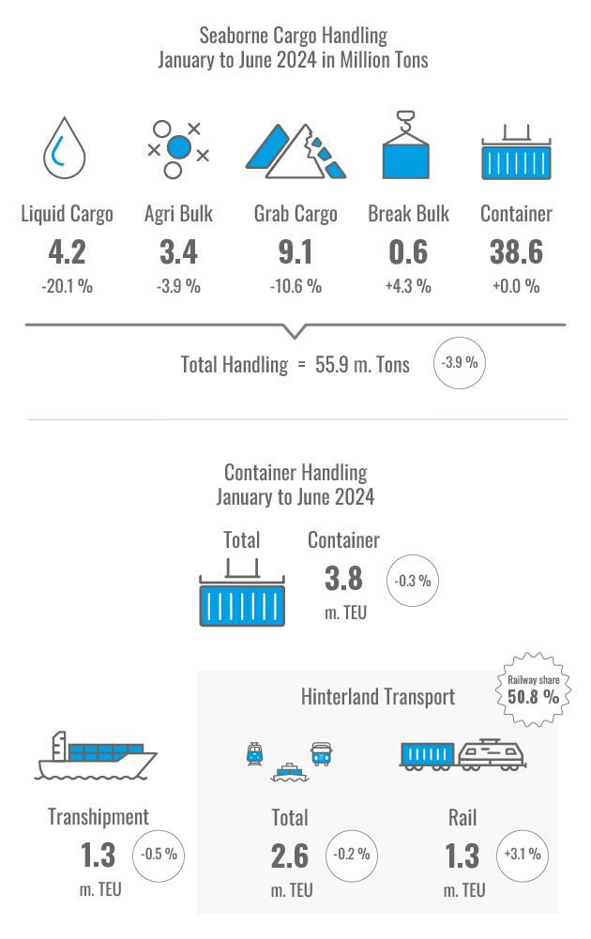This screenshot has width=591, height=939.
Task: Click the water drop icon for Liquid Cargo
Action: [65, 148]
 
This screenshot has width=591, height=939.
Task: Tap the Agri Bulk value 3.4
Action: [178, 251]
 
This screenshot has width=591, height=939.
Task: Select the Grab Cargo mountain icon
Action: [295, 151]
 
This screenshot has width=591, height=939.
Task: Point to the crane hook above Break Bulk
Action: [405, 122]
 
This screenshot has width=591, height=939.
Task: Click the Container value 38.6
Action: [516, 251]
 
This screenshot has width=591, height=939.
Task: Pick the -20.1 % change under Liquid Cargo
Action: [67, 286]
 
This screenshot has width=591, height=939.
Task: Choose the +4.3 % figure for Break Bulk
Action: [408, 286]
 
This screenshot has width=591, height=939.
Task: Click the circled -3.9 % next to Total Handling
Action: [460, 363]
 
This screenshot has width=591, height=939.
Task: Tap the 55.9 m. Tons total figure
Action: [362, 365]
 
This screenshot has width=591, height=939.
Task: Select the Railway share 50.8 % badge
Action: [534, 689]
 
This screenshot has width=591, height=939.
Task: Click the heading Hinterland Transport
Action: [378, 697]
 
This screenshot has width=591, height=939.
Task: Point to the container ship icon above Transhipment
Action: [96, 755]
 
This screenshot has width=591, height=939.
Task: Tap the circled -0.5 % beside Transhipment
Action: [159, 856]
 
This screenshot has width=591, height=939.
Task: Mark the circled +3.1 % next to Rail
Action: [523, 856]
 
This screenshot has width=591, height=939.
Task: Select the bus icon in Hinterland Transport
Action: [322, 754]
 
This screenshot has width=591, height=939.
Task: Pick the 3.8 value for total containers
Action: [343, 579]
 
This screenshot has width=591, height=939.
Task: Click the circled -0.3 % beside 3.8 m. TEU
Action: [413, 581]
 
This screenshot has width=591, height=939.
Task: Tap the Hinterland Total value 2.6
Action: [290, 856]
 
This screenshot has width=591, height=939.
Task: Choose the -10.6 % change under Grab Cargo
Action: [295, 286]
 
